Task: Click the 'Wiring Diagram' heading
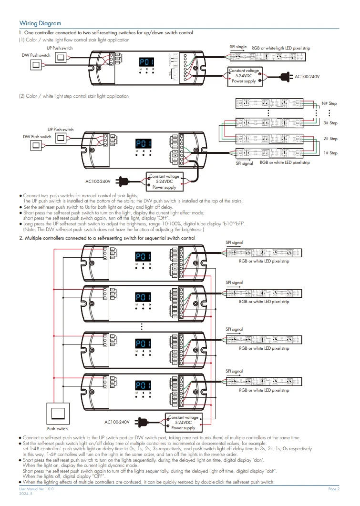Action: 40,23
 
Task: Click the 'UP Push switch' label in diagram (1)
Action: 60,48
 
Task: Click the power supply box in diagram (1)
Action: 245,76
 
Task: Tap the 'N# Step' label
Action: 329,103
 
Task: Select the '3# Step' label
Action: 330,123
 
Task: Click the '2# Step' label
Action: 330,139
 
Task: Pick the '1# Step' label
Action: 330,153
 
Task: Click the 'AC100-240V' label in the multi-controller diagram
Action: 117,422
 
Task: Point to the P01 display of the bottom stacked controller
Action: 143,385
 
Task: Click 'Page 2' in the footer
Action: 334,489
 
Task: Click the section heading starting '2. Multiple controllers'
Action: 107,238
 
